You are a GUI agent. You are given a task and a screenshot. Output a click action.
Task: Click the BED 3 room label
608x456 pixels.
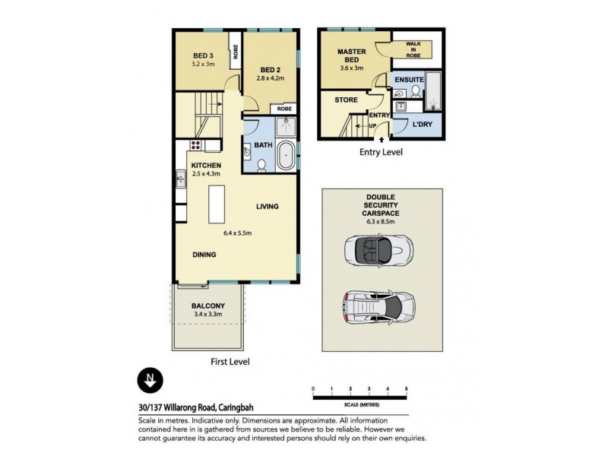click(x=202, y=55)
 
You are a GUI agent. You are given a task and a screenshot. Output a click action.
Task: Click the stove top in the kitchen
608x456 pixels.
click(x=195, y=145)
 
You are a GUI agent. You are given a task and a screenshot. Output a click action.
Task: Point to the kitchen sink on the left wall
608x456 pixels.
click(x=181, y=180)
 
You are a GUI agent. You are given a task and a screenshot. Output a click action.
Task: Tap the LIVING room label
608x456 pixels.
click(x=267, y=206)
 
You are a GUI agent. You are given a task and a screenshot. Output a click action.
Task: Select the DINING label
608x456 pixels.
click(x=204, y=255)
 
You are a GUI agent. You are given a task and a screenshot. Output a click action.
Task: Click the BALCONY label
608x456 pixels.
click(x=208, y=306)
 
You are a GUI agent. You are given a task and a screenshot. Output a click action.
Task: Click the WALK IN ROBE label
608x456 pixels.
click(x=414, y=50)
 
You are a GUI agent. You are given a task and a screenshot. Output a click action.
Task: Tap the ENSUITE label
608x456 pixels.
click(x=409, y=79)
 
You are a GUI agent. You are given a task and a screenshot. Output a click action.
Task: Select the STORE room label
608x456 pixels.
click(x=346, y=98)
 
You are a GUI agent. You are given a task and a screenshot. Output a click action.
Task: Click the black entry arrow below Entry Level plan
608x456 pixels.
click(x=381, y=141)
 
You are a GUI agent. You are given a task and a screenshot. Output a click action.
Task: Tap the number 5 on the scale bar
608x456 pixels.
click(x=407, y=389)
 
